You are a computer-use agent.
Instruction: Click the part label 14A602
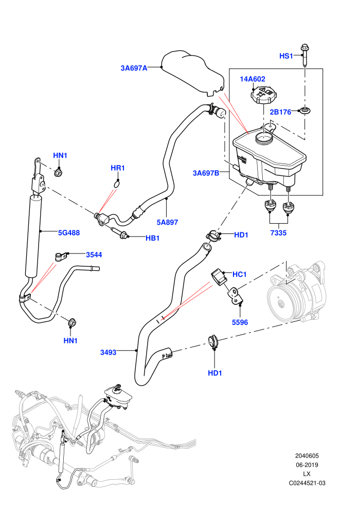[252, 79]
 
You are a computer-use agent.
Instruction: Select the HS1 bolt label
[286, 56]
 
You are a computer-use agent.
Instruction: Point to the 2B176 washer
[304, 111]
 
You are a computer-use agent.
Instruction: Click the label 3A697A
[134, 68]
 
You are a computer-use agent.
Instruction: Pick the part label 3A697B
[206, 173]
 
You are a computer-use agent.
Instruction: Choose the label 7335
[279, 233]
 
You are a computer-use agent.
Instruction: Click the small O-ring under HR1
[117, 185]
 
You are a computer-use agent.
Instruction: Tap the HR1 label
[117, 168]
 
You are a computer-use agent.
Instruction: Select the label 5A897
[167, 222]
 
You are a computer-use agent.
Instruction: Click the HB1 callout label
[153, 238]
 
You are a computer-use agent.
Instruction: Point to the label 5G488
[69, 233]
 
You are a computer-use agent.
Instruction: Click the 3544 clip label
[94, 255]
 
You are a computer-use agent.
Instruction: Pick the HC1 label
[240, 275]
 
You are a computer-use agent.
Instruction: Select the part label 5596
[240, 322]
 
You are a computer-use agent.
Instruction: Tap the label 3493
[108, 352]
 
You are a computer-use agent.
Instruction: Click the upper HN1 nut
[59, 172]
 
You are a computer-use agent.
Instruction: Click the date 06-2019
[307, 465]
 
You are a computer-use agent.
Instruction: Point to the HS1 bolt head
[305, 48]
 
